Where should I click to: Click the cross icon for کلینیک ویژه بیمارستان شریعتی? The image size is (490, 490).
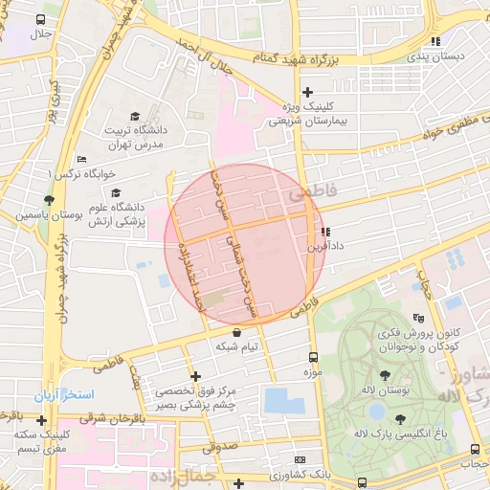point(307,93)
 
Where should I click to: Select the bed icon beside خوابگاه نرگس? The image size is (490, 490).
point(81,160)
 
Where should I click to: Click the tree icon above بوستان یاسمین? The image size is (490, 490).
point(49,199)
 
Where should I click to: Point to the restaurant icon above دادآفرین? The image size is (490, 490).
point(325,231)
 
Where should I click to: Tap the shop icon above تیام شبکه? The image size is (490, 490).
point(236,332)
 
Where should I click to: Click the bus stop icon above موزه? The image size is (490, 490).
point(313,354)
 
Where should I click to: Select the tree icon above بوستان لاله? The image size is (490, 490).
point(385,376)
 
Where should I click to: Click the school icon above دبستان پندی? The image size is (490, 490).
point(435,41)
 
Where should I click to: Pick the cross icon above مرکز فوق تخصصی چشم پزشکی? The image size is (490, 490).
point(196,376)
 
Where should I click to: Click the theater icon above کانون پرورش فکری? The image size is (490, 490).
point(417,319)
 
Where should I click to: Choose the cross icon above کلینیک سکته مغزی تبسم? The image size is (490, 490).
point(40,419)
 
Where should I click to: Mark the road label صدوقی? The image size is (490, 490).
point(219,445)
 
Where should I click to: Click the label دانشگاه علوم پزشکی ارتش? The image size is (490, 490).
point(115,213)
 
